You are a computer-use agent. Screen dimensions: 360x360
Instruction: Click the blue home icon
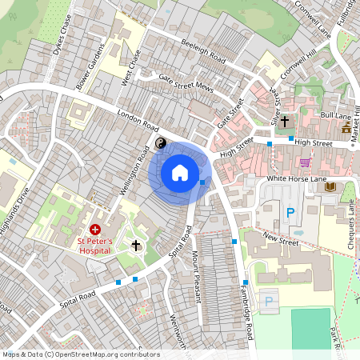pos(180,172)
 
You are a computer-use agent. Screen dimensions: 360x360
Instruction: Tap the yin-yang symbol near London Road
pos(160,143)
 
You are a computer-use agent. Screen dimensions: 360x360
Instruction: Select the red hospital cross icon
pos(95,229)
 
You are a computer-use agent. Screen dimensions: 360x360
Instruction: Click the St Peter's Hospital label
pos(98,244)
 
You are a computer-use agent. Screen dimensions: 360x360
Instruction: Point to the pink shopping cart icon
pos(304,162)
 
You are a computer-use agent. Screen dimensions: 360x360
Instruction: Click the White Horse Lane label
pos(298,178)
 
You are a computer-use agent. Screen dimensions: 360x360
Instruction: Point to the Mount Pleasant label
pos(194,276)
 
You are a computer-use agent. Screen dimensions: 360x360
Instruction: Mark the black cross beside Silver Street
pos(285,121)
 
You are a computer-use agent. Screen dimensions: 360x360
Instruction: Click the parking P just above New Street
pos(290,213)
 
